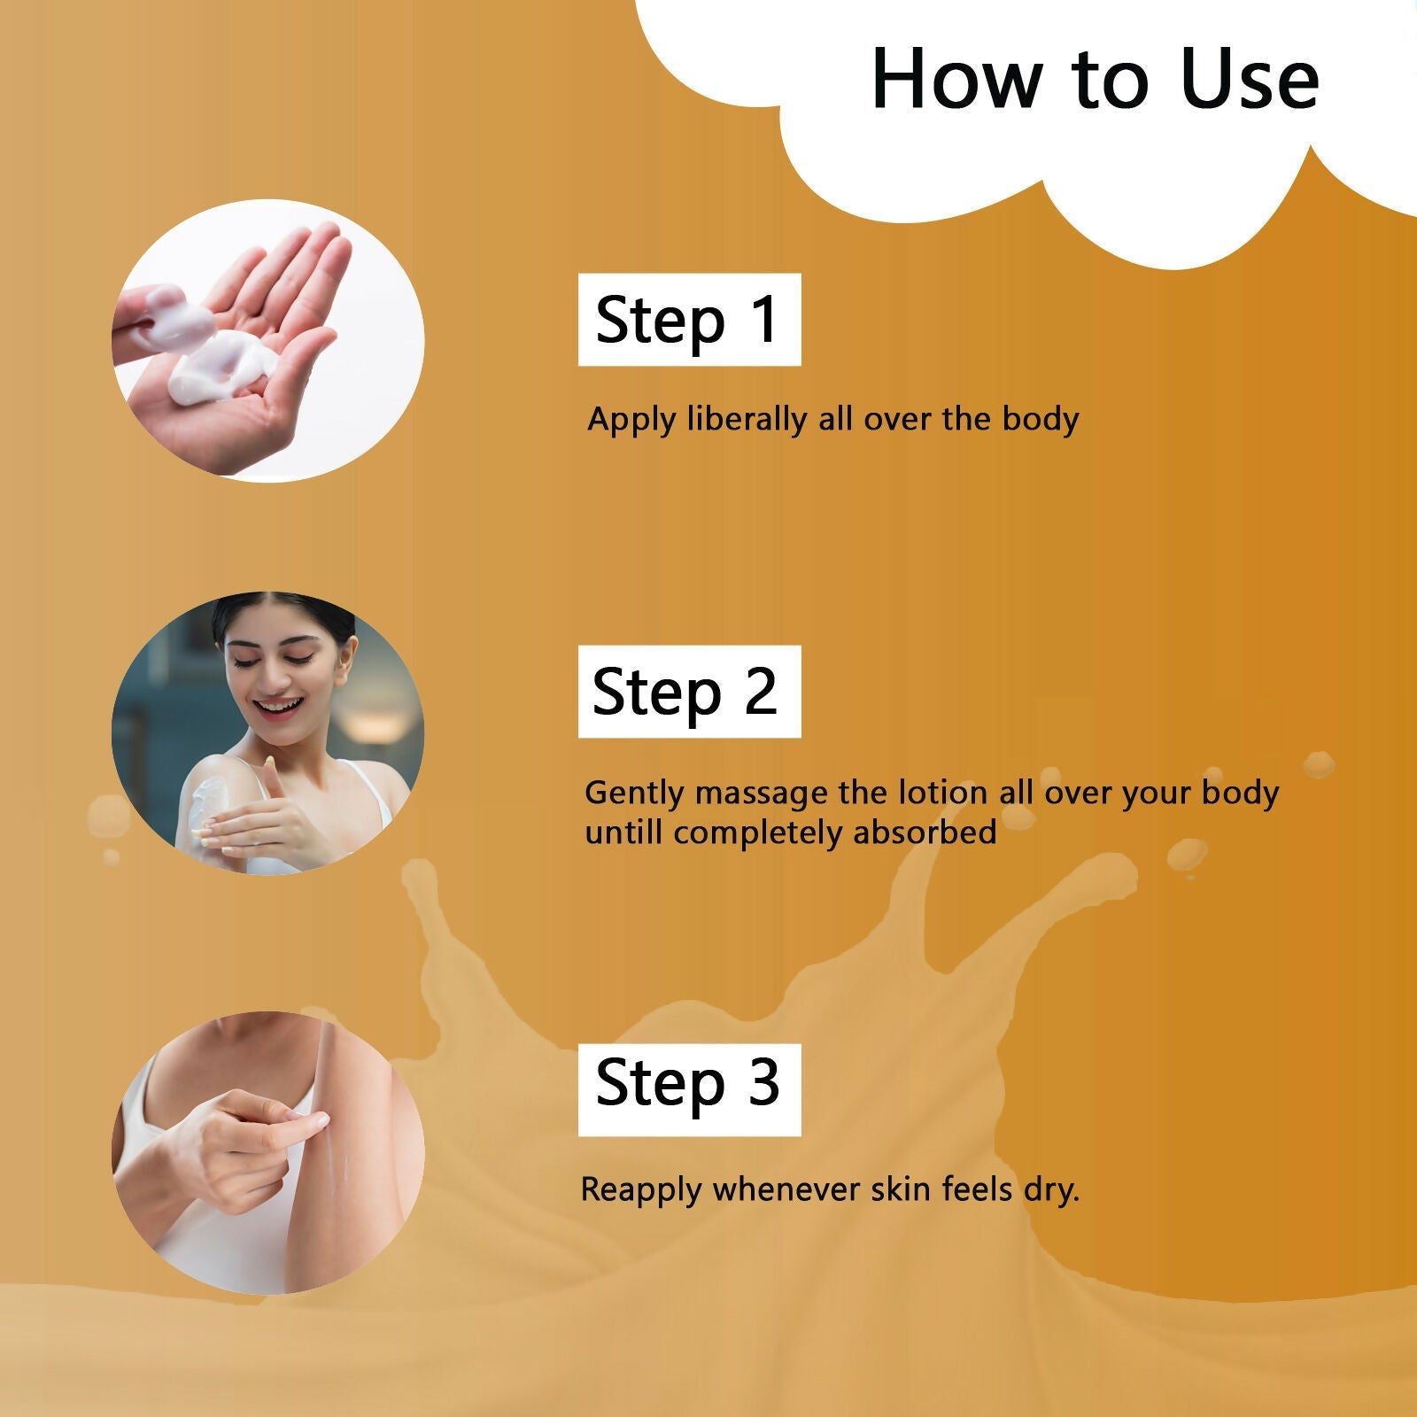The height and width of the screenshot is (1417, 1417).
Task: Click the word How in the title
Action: pos(956,80)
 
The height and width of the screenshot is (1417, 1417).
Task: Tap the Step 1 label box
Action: pos(689,320)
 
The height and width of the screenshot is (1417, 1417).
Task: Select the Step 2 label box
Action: pos(689,692)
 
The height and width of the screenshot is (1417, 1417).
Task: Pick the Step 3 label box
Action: pos(689,1089)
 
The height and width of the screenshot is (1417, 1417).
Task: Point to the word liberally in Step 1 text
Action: pos(749,419)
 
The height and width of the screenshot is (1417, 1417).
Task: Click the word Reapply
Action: pos(640,1189)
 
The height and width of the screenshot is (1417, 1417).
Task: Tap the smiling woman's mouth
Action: pos(278,706)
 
